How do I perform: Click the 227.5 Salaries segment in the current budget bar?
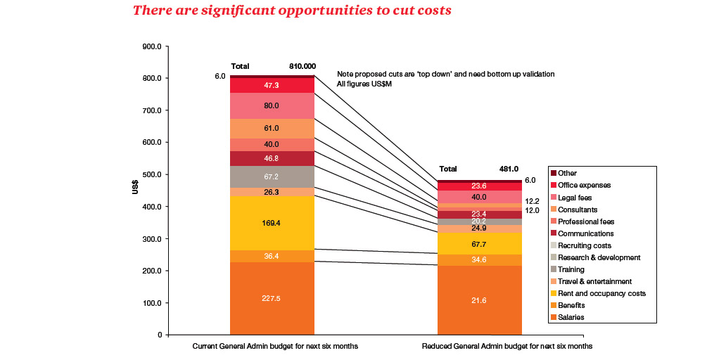point(272,298)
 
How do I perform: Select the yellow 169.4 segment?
point(272,223)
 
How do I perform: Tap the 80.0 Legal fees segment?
point(272,105)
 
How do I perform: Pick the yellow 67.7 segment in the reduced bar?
point(479,244)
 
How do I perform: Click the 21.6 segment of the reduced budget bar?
point(479,301)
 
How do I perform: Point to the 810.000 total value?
point(302,66)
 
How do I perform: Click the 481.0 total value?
point(508,169)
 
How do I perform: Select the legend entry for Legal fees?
point(574,198)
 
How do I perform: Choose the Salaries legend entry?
point(571,318)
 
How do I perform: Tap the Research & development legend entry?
point(599,258)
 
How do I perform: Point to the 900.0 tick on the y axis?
point(152,46)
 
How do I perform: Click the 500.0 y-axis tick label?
point(152,175)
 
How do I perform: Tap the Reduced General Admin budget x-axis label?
point(507,347)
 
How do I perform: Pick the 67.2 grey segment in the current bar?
point(272,176)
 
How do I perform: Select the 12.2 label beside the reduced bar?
point(533,200)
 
